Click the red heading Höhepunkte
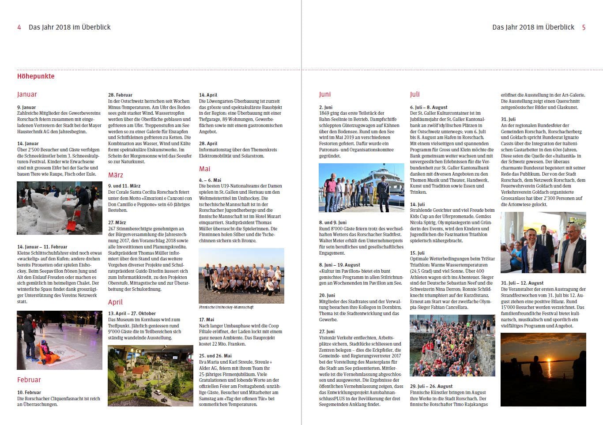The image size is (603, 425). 36,76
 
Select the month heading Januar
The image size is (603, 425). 27,94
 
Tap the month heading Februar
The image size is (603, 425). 29,380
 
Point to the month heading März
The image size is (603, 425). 116,175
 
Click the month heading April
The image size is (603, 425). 115,302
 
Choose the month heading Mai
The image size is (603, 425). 204,169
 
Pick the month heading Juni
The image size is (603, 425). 324,94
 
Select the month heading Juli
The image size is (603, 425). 415,94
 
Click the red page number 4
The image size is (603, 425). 19,27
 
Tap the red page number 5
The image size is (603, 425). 584,27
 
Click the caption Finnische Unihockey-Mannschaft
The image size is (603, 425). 226,307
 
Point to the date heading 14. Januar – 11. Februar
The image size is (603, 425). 42,247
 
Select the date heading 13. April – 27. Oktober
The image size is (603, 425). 132,313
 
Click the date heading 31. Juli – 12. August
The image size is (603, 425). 522,283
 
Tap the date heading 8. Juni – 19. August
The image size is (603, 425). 339,265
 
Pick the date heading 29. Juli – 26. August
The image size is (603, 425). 431,386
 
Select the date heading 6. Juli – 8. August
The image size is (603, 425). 429,107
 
